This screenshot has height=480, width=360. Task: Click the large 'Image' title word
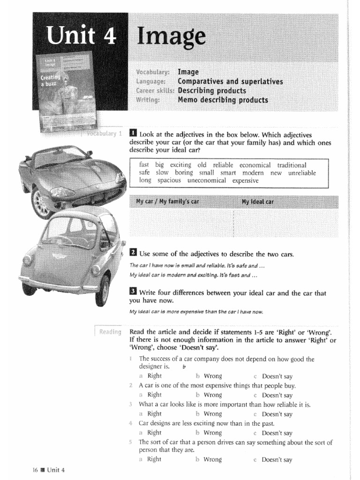171,37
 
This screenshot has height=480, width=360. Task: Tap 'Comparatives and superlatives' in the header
230,82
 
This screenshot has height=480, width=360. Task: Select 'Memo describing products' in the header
223,100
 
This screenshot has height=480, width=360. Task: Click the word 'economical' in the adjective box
255,165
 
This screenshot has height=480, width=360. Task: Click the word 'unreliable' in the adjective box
302,172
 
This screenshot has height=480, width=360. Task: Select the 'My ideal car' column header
257,202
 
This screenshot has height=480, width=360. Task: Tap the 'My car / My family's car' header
167,202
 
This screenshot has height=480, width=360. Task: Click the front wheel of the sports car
41,202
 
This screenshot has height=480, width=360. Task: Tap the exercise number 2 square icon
133,253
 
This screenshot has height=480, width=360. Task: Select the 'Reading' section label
109,332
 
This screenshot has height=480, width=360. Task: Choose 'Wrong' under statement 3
212,414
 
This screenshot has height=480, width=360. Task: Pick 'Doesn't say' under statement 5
277,459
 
